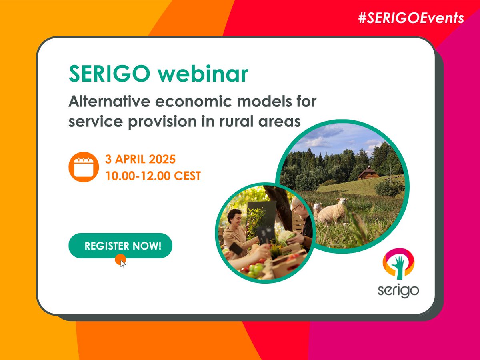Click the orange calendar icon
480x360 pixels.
point(83,167)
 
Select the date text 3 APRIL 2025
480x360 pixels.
point(140,159)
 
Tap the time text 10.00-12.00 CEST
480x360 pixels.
point(153,176)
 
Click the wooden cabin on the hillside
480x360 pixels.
point(368,173)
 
